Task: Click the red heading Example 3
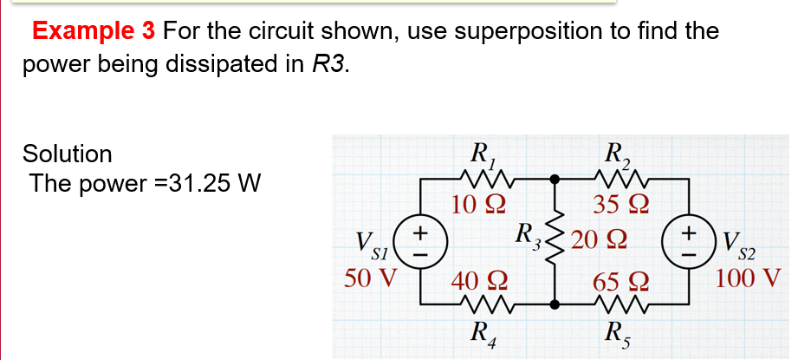pos(94,32)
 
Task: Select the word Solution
pos(68,154)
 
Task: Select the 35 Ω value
pos(617,206)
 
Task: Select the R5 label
pos(616,335)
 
